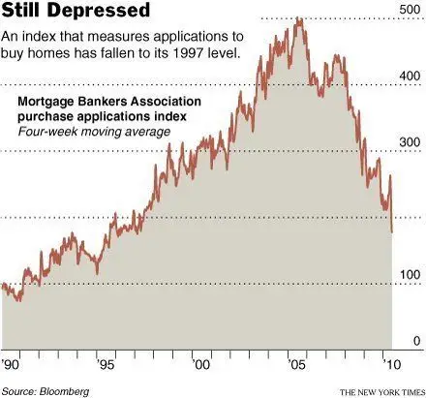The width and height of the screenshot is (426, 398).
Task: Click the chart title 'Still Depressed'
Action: pos(76,11)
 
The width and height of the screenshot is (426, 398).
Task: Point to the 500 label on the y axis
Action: pos(410,10)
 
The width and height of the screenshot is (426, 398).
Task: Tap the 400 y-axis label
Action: pos(410,77)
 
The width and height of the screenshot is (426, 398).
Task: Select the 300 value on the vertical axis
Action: pos(410,142)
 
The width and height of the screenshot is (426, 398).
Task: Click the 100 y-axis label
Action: pos(411,275)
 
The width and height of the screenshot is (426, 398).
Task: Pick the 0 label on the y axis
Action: pos(417,341)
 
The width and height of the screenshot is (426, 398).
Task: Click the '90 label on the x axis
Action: pos(11,365)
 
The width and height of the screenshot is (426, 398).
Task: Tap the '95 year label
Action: pos(106,365)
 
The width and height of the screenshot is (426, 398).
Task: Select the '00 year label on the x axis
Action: pos(201,365)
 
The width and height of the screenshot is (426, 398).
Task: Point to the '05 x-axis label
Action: pos(296,365)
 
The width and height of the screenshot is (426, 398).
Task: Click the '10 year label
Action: pos(391,365)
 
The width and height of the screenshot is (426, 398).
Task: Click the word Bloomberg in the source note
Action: pos(64,391)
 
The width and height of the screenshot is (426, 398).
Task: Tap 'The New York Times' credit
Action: pos(382,392)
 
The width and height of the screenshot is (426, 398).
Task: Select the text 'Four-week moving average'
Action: pos(94,132)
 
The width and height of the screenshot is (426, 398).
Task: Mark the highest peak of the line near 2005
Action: pos(299,18)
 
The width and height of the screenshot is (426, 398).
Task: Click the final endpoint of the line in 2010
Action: pos(392,232)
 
